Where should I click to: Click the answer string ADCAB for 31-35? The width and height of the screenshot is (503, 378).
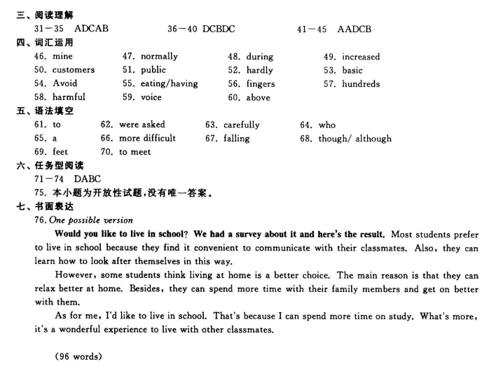(x=91, y=29)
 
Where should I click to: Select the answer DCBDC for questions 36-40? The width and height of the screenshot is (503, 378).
(x=219, y=29)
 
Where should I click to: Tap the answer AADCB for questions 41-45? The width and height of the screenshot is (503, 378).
(x=354, y=29)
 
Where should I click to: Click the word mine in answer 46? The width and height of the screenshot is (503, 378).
(x=62, y=56)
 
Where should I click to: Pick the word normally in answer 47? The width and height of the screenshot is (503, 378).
(x=159, y=56)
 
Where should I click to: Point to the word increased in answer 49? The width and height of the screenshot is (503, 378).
(x=361, y=57)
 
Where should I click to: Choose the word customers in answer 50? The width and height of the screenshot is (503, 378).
(x=74, y=70)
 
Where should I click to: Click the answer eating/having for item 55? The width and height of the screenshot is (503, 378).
(x=170, y=84)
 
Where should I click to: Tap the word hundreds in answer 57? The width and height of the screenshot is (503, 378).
(x=361, y=84)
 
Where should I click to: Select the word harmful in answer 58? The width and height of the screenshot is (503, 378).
(x=69, y=97)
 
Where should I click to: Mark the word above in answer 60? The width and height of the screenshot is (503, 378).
(x=258, y=98)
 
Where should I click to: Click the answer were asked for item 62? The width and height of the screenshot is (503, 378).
(x=142, y=125)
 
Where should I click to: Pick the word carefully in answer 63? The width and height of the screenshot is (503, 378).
(x=242, y=125)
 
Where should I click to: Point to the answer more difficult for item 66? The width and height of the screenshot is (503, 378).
(x=147, y=139)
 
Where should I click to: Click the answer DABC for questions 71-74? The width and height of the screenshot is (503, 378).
(x=88, y=179)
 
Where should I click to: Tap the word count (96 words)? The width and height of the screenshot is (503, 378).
(x=78, y=356)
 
